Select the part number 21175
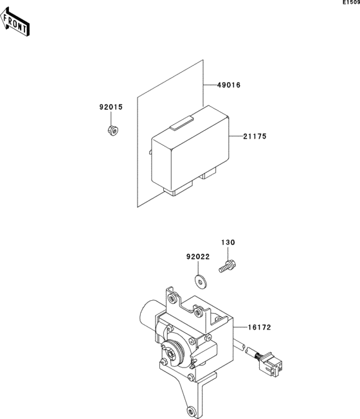click(255, 136)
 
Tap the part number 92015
click(111, 107)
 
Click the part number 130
click(229, 243)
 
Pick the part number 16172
click(258, 327)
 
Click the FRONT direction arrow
click(16, 23)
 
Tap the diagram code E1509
click(351, 3)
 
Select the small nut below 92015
click(111, 130)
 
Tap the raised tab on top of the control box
click(184, 121)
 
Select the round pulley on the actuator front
click(173, 351)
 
